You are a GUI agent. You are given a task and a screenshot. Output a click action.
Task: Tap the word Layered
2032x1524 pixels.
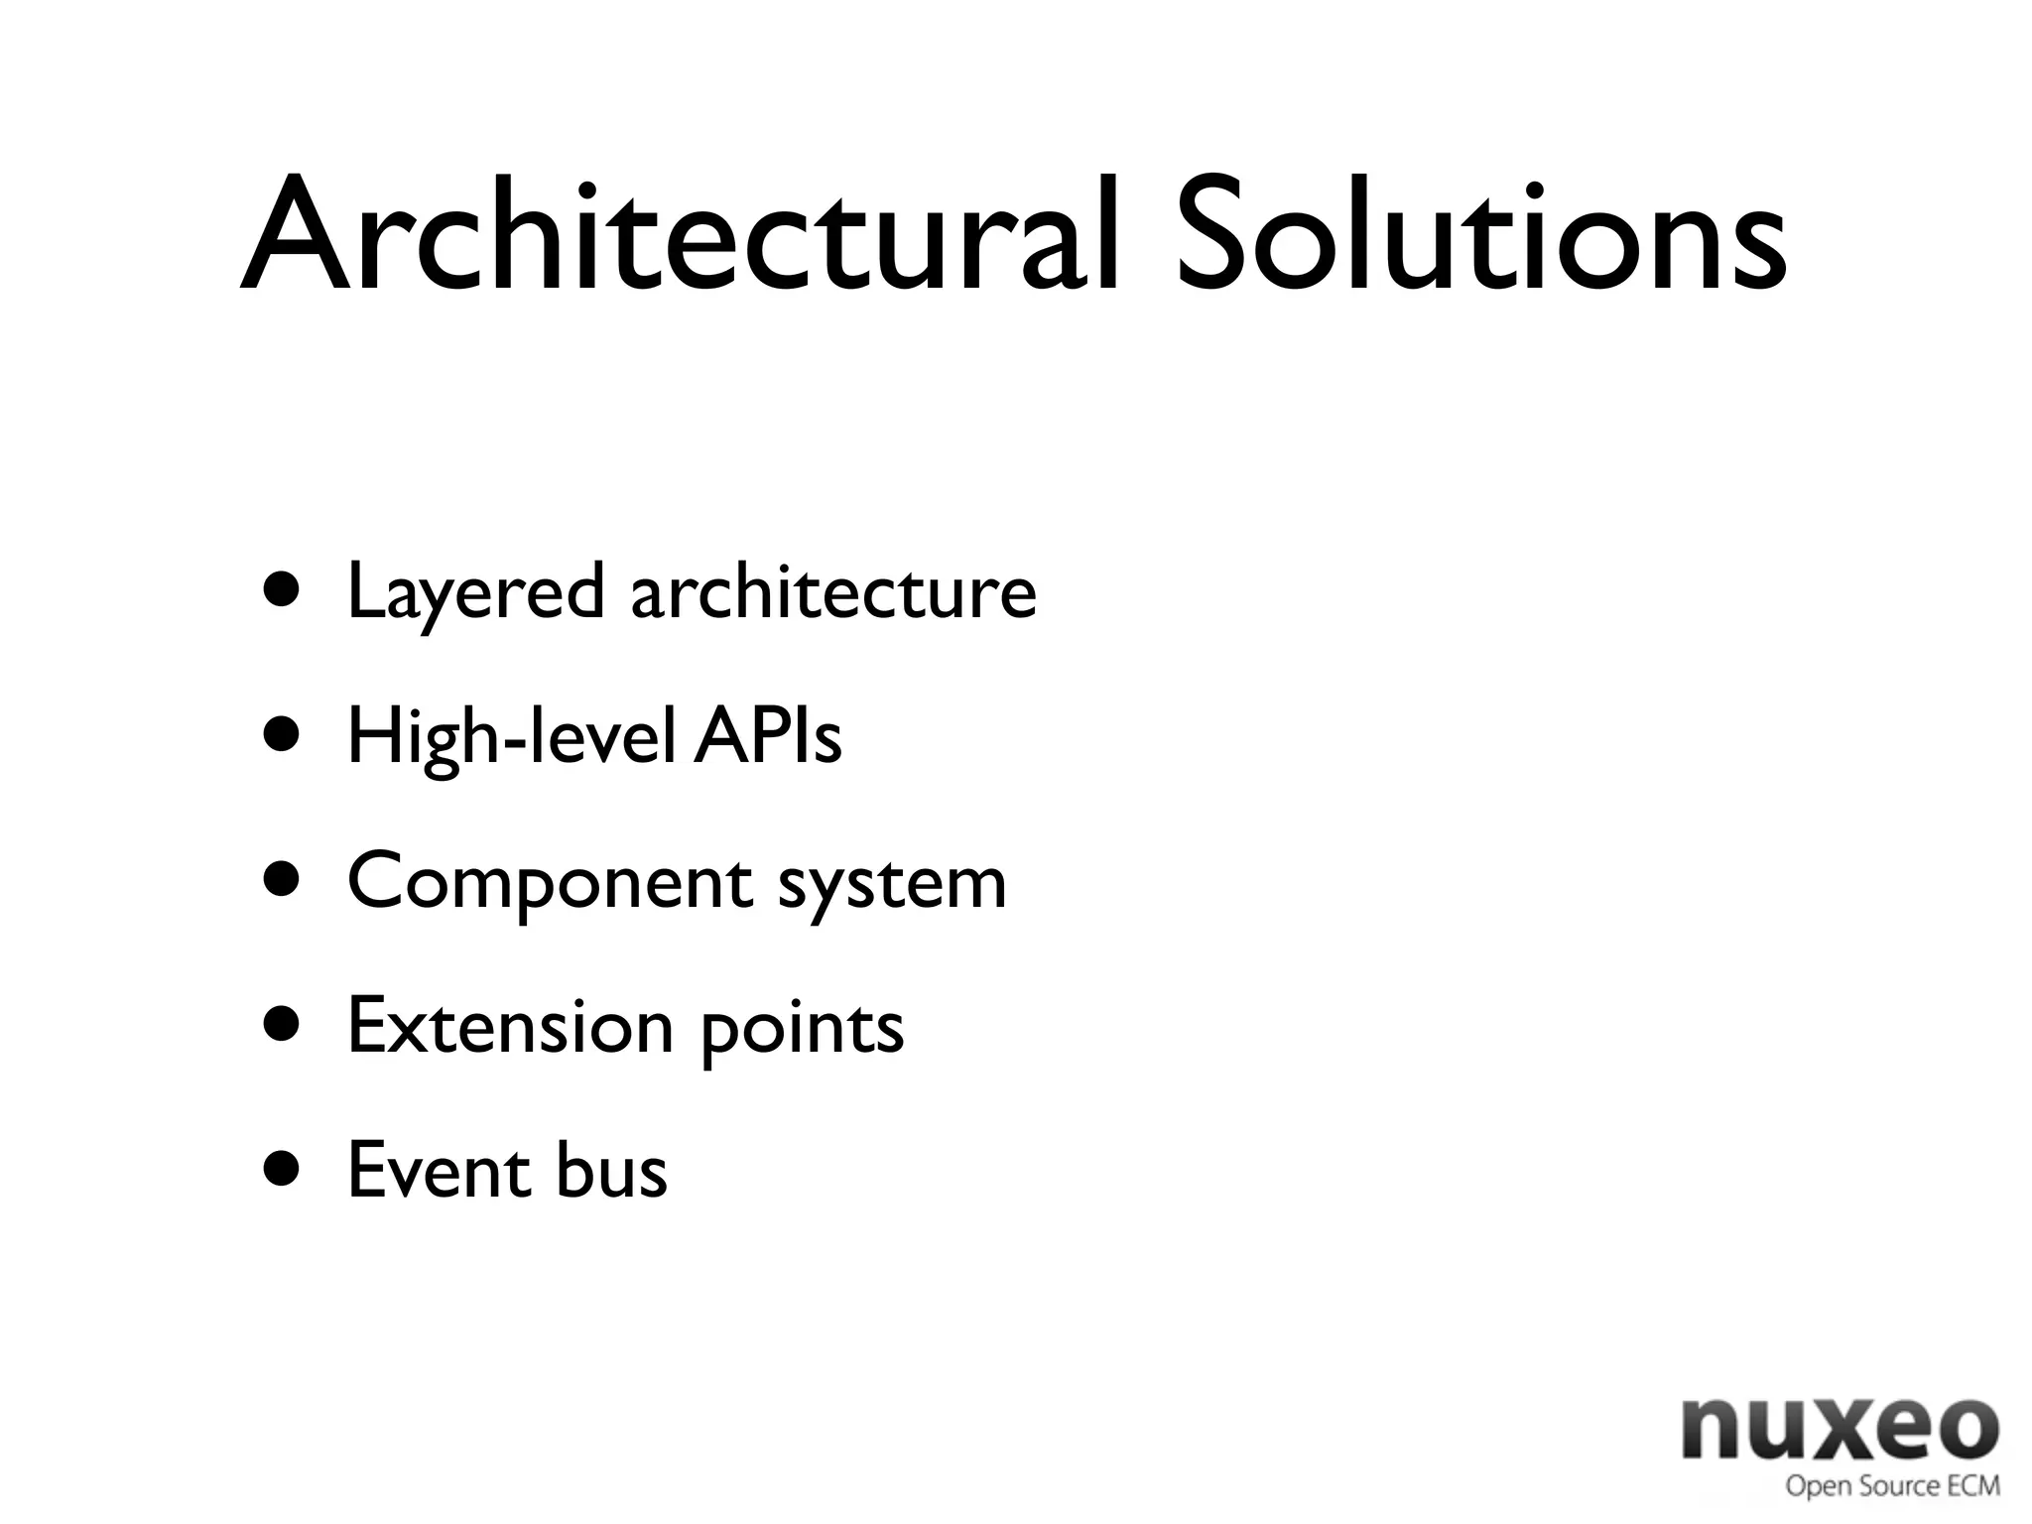[x=475, y=593]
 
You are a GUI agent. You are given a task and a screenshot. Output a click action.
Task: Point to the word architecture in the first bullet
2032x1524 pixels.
[x=833, y=591]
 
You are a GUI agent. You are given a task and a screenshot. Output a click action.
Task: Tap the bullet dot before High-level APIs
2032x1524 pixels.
[x=282, y=735]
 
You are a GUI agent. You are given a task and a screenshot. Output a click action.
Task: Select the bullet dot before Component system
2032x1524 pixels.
[x=282, y=880]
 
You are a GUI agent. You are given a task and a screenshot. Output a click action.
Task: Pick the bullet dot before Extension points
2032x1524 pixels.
[x=282, y=1025]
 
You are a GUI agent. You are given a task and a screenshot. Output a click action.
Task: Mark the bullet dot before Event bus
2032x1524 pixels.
[x=282, y=1170]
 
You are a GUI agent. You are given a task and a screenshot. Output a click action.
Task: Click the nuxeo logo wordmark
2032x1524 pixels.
[x=1840, y=1429]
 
